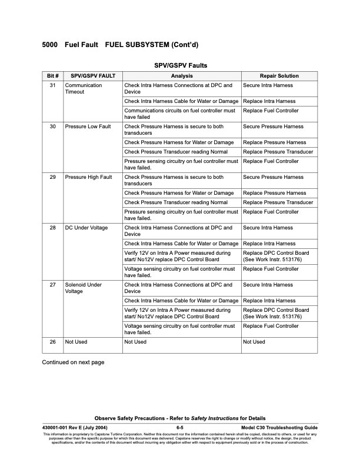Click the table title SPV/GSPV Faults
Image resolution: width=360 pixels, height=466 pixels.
(180, 65)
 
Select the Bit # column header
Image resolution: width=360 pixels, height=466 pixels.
(52, 76)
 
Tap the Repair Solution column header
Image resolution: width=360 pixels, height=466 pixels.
(279, 76)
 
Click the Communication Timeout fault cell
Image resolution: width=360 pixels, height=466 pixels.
(83, 89)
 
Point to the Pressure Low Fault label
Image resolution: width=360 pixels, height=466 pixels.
(88, 127)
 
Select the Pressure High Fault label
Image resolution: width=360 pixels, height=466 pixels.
(88, 177)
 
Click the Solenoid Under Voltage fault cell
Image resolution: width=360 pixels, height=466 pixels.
(83, 288)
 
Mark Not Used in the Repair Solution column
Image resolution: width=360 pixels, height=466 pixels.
(254, 342)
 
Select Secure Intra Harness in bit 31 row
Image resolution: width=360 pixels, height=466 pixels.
(268, 85)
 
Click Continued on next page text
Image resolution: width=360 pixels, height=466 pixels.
(73, 362)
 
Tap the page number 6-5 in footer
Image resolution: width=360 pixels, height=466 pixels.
(180, 427)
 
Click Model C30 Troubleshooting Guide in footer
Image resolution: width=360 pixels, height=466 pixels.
(279, 427)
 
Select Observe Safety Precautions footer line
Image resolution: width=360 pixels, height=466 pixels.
(180, 418)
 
